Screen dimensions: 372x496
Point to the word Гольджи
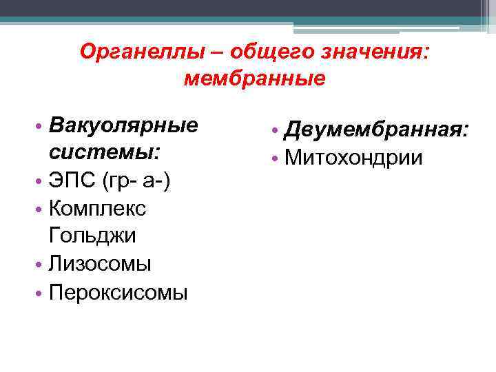point(92,236)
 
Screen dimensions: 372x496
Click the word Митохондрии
point(354,157)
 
